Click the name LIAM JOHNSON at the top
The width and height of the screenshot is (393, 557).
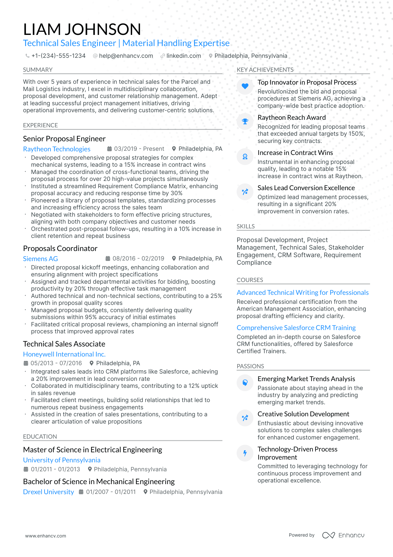click(82, 29)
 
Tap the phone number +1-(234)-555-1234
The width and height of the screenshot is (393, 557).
click(58, 56)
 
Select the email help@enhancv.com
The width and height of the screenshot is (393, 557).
click(126, 56)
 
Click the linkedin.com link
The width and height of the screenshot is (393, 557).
click(183, 56)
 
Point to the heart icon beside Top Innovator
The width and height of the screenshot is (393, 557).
click(245, 86)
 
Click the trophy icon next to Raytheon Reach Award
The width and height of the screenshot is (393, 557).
click(245, 121)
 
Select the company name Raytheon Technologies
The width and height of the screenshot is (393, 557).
click(57, 149)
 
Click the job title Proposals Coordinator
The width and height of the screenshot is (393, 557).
click(60, 248)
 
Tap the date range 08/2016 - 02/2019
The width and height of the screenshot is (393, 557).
click(138, 259)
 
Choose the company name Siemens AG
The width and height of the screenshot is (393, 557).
click(40, 259)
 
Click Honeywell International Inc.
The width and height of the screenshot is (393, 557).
click(64, 354)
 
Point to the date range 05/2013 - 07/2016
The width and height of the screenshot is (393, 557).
click(56, 363)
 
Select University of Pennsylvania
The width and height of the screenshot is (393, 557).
click(62, 460)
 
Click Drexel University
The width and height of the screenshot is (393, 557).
click(48, 492)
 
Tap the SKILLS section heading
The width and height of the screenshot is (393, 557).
click(246, 226)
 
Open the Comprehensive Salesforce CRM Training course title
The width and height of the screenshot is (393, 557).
click(296, 328)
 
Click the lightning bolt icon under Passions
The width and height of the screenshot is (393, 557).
click(245, 453)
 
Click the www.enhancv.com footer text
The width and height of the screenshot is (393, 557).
click(46, 536)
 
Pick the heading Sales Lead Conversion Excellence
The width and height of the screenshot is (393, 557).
click(306, 188)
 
